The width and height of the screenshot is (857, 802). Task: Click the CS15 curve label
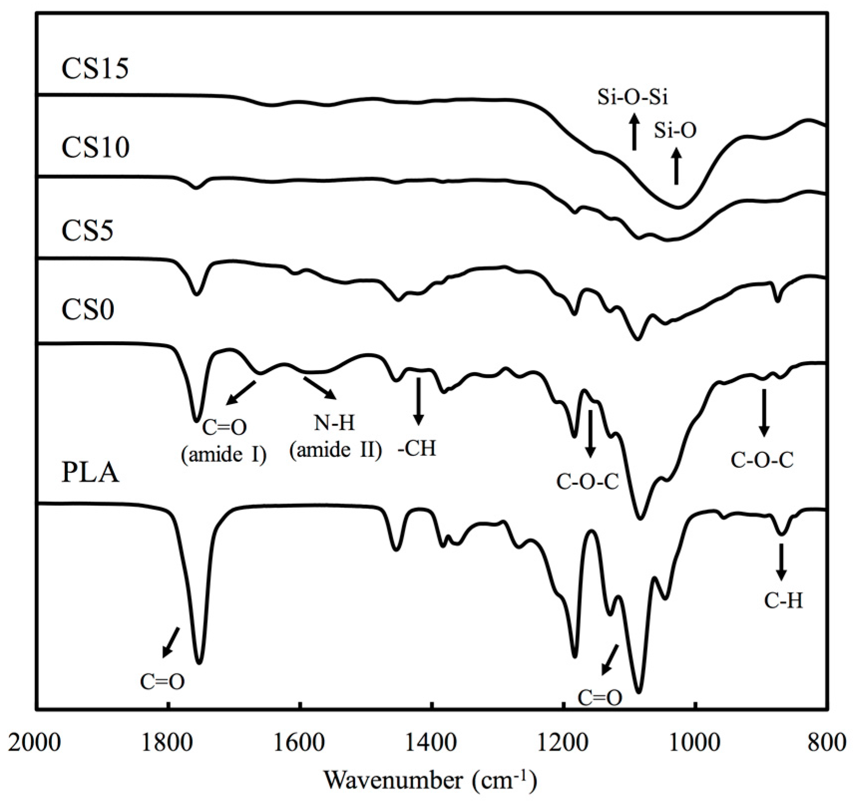point(95,68)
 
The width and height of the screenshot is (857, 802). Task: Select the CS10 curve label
point(95,147)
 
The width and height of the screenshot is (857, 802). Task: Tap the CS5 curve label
point(87,230)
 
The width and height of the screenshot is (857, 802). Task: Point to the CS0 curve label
point(87,309)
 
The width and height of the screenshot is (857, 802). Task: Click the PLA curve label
point(90,472)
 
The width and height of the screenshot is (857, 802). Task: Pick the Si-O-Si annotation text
point(633,98)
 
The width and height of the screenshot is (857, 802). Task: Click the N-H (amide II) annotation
point(336,436)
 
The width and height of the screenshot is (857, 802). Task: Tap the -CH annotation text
point(417,449)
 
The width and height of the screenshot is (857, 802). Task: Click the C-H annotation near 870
point(784,601)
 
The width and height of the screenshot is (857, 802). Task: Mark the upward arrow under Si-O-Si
point(634,132)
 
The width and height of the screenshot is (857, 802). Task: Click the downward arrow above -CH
point(418,401)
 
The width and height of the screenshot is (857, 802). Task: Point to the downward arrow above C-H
point(781,561)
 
